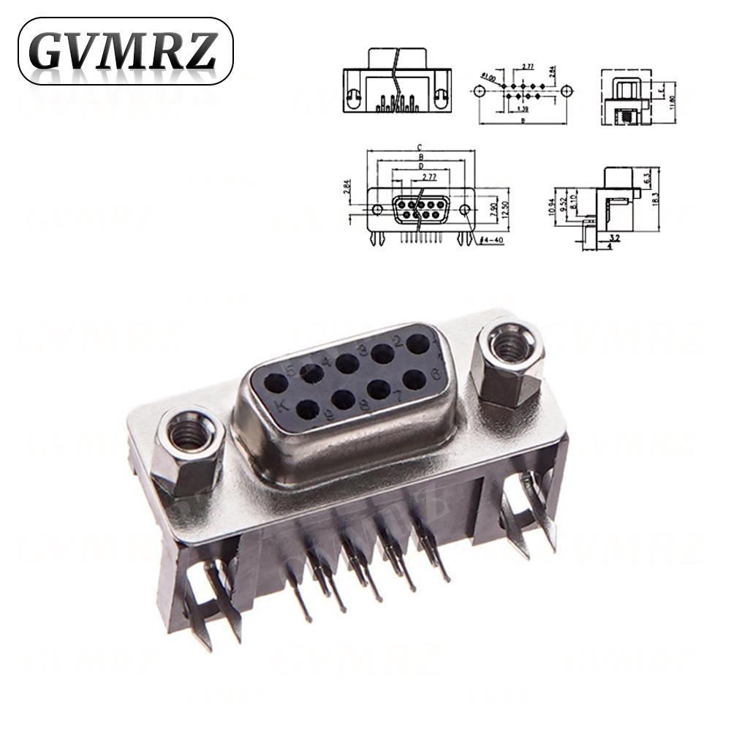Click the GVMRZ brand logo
[x=124, y=50]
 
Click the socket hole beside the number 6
[x=414, y=379]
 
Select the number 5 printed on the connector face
[x=290, y=371]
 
